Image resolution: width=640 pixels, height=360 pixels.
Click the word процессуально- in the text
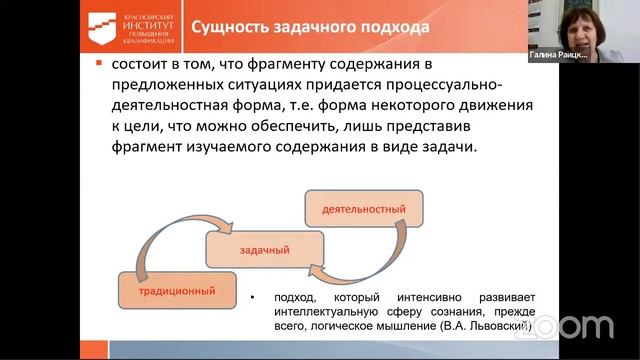point(448,85)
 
